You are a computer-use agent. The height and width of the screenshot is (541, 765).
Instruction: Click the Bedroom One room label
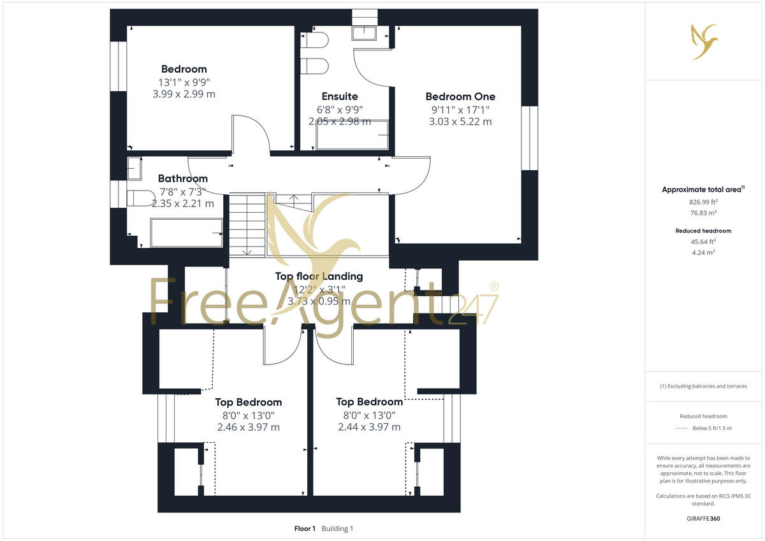click(460, 97)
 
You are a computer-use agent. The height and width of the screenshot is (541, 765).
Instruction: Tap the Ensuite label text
click(339, 97)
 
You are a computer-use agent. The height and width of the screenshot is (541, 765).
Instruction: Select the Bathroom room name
click(183, 179)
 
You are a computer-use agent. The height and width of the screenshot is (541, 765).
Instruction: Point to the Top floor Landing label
click(319, 277)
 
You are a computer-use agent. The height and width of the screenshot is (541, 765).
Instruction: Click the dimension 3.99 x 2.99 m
click(184, 94)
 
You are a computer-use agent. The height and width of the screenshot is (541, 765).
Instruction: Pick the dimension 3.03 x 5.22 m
click(460, 121)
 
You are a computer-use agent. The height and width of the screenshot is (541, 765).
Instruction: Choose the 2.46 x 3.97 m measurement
click(248, 427)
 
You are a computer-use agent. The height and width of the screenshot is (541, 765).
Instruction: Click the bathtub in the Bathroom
click(186, 233)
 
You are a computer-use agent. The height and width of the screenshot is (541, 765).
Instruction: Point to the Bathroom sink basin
click(135, 169)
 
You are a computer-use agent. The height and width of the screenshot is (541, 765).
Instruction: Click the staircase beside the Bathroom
click(247, 224)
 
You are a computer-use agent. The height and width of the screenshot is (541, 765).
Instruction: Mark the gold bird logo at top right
click(704, 42)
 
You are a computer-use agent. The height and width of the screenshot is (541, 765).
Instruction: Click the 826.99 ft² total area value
click(704, 201)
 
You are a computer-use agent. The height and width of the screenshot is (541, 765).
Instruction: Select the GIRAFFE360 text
click(704, 519)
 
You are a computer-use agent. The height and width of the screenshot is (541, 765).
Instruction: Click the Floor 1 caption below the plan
click(305, 529)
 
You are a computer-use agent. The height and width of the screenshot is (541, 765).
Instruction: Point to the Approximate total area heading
click(703, 189)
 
